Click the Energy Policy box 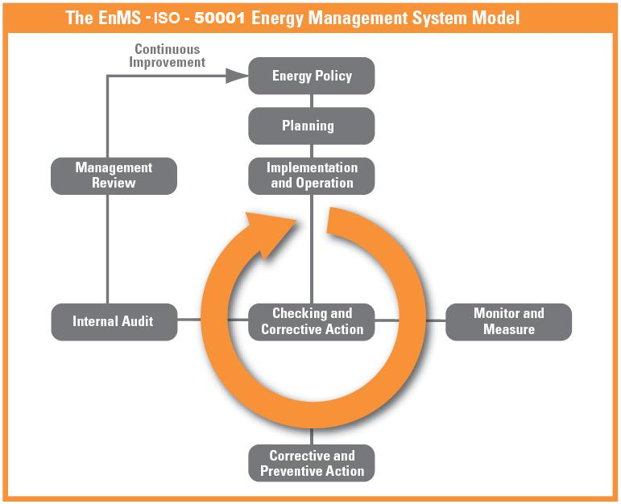tap(311, 76)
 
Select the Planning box tap(311, 126)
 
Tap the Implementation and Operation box tap(311, 176)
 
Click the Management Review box tap(114, 176)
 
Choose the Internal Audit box tap(114, 322)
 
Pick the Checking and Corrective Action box tap(311, 322)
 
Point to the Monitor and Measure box tap(508, 322)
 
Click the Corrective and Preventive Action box tap(311, 463)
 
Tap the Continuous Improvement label tap(168, 56)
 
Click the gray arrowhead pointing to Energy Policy tap(237, 76)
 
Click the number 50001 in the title tap(220, 18)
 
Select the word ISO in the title tap(167, 19)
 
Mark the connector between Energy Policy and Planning tap(311, 101)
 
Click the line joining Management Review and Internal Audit tap(107, 249)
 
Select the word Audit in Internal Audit tap(138, 321)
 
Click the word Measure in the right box tap(509, 329)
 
